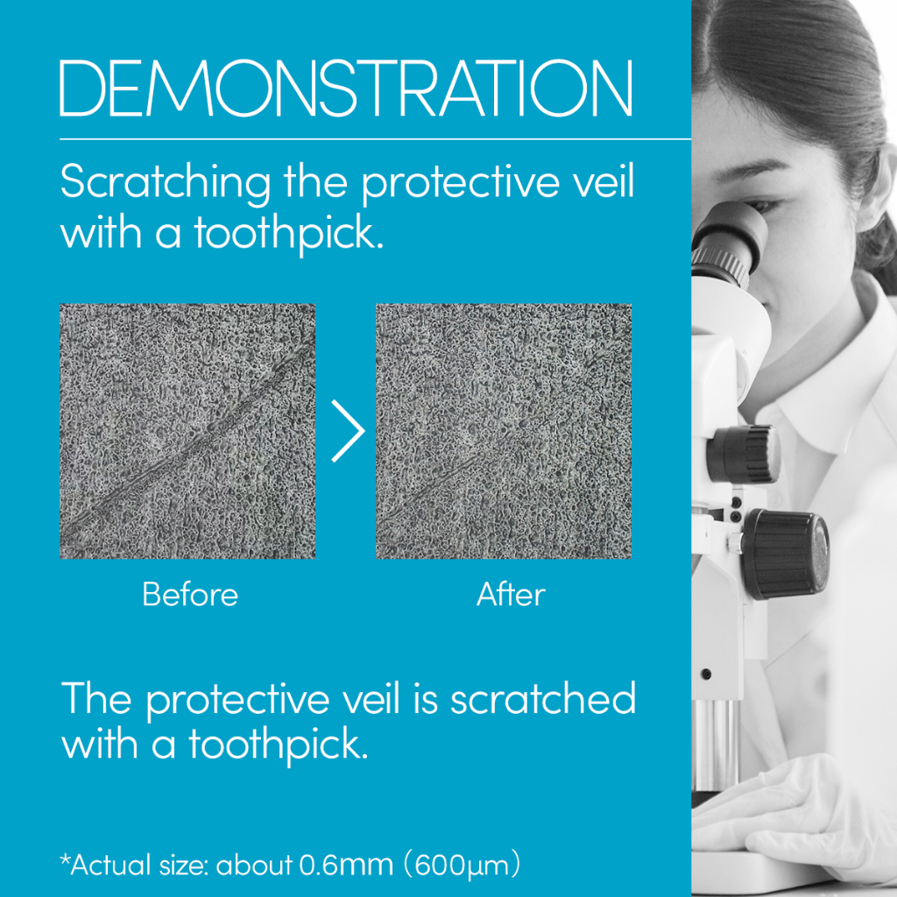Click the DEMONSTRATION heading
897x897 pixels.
[x=346, y=88]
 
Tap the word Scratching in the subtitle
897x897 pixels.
[x=166, y=183]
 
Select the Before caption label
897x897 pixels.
[x=190, y=594]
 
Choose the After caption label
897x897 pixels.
[x=511, y=594]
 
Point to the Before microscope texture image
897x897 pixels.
[x=187, y=431]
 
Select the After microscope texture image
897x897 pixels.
[x=504, y=431]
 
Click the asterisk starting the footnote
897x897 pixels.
[x=65, y=859]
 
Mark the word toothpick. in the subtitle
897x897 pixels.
[x=289, y=235]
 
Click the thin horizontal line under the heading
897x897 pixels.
[x=375, y=138]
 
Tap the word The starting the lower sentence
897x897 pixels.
[x=96, y=698]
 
